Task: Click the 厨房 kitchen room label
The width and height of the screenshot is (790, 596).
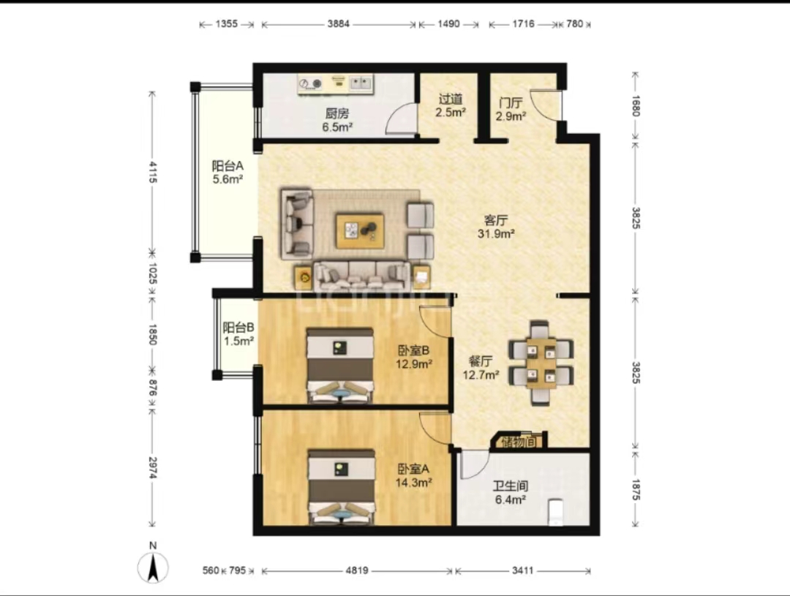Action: pyautogui.click(x=337, y=114)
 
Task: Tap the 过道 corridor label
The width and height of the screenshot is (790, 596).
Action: pyautogui.click(x=451, y=99)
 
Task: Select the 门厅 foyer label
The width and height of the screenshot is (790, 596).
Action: pyautogui.click(x=511, y=103)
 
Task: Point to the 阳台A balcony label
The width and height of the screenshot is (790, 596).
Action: pyautogui.click(x=227, y=166)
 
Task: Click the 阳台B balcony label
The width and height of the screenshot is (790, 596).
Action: pyautogui.click(x=238, y=328)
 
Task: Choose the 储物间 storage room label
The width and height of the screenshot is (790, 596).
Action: pyautogui.click(x=519, y=442)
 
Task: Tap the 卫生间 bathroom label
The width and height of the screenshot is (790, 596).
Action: pyautogui.click(x=511, y=486)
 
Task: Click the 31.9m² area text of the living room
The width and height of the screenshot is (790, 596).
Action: pyautogui.click(x=496, y=234)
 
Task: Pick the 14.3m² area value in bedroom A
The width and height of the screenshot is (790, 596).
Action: pyautogui.click(x=413, y=483)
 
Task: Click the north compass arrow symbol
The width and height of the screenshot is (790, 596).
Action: pyautogui.click(x=153, y=567)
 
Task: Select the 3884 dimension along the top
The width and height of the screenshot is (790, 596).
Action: pyautogui.click(x=338, y=23)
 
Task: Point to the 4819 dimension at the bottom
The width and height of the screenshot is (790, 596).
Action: pyautogui.click(x=357, y=570)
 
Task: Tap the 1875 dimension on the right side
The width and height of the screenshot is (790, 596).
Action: pyautogui.click(x=636, y=489)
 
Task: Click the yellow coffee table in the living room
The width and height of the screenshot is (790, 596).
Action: pyautogui.click(x=360, y=231)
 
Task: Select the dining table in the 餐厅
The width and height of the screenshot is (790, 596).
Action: pyautogui.click(x=541, y=363)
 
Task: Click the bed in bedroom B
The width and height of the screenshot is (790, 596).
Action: pyautogui.click(x=340, y=366)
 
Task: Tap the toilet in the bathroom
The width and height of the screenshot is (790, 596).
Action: pyautogui.click(x=555, y=512)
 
